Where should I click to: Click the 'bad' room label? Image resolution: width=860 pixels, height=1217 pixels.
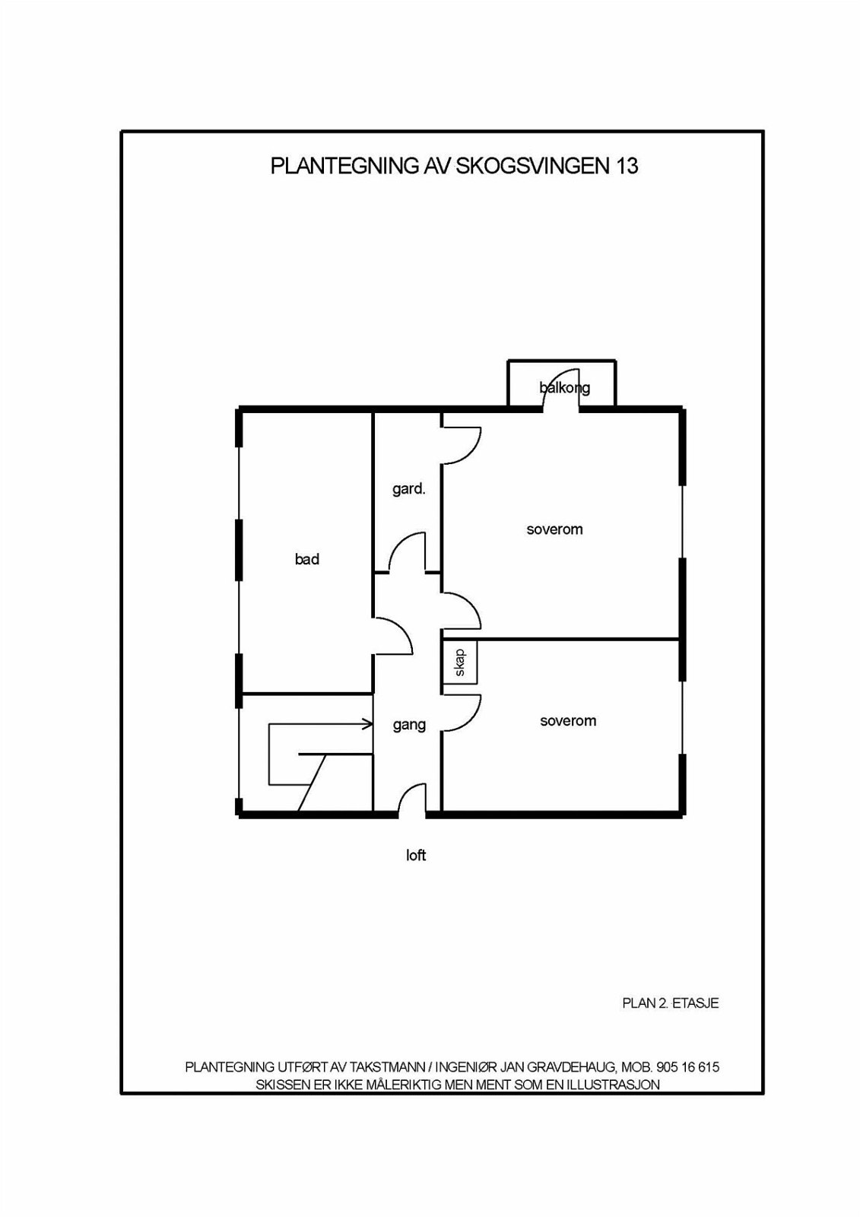click(x=307, y=559)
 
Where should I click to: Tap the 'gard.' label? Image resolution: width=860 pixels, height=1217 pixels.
click(x=408, y=490)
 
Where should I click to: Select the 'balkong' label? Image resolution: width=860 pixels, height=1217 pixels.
click(x=564, y=389)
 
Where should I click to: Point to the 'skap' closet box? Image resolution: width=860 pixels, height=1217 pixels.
click(x=460, y=663)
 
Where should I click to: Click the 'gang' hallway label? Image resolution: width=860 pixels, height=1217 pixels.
click(x=409, y=726)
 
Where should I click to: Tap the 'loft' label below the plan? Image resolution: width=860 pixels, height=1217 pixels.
click(x=416, y=856)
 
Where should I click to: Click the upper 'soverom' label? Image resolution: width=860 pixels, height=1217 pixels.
click(x=554, y=529)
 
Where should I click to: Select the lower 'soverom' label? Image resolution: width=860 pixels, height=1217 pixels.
click(x=568, y=721)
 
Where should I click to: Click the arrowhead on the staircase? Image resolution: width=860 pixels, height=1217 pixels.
click(x=368, y=723)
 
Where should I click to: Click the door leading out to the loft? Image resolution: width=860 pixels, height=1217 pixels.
click(x=411, y=800)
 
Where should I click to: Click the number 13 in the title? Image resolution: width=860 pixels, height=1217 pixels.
click(x=626, y=167)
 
